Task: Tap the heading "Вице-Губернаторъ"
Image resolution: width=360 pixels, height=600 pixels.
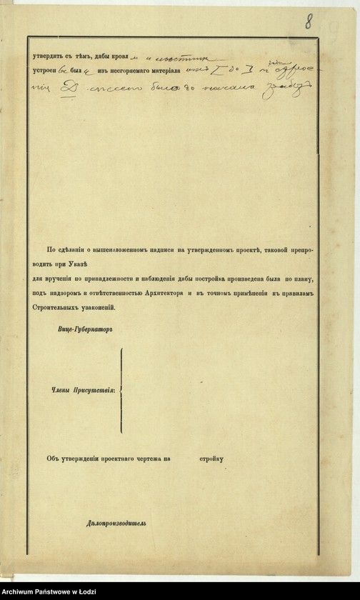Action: [84, 330]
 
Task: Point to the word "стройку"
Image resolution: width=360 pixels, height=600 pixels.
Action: [210, 458]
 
